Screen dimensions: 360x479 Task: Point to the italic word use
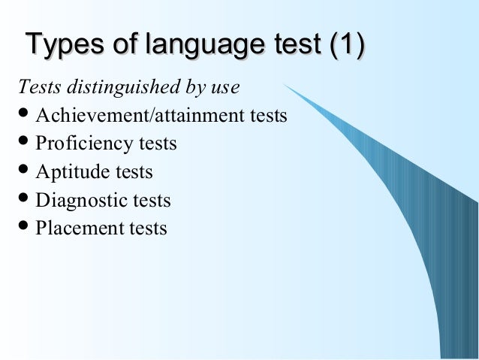point(224,89)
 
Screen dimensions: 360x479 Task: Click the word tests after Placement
point(149,228)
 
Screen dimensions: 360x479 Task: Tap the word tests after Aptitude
point(135,173)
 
